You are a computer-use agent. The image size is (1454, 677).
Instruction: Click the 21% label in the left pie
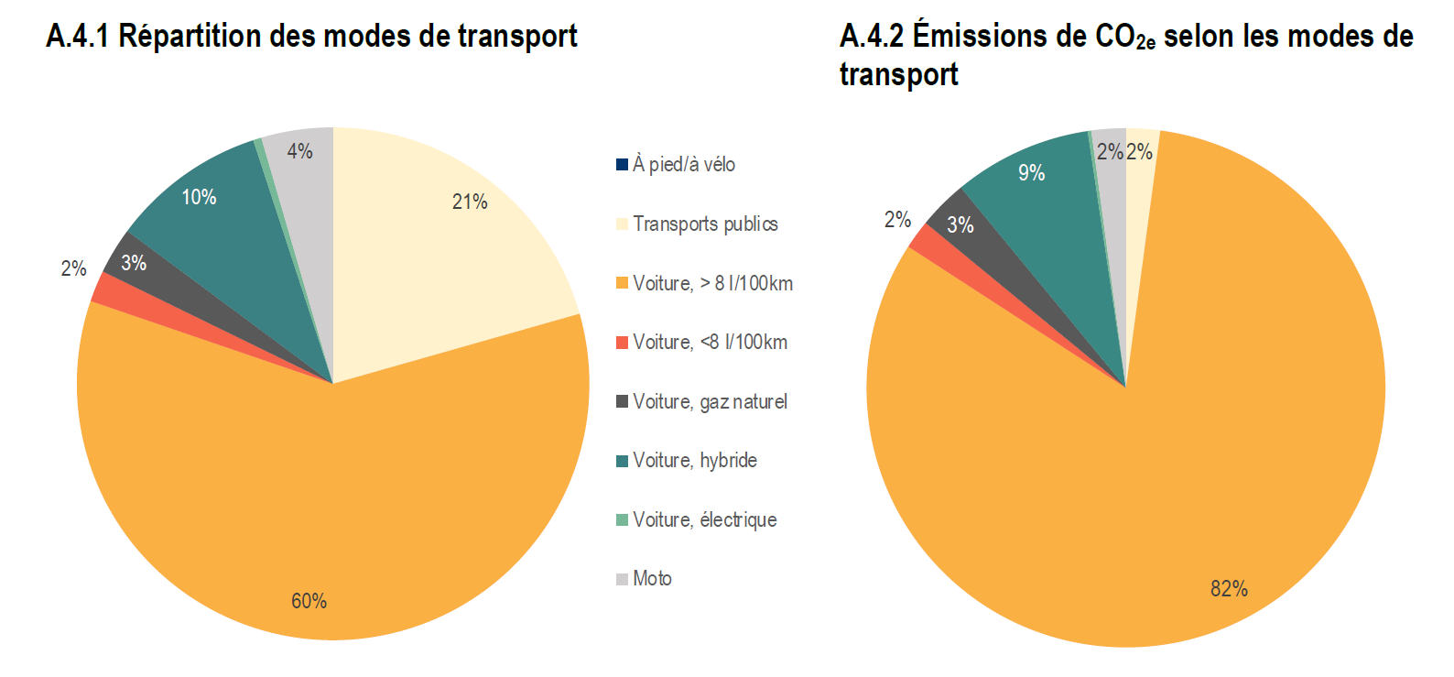click(470, 202)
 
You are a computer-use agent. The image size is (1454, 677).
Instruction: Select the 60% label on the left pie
click(309, 601)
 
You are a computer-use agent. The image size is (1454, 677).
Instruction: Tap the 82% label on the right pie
click(1229, 589)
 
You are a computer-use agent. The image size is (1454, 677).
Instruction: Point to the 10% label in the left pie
click(199, 197)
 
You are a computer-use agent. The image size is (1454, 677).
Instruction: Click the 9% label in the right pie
click(1031, 173)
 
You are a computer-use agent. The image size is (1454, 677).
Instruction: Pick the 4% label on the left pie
click(299, 151)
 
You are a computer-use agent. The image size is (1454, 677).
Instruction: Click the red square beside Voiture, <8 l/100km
click(623, 343)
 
